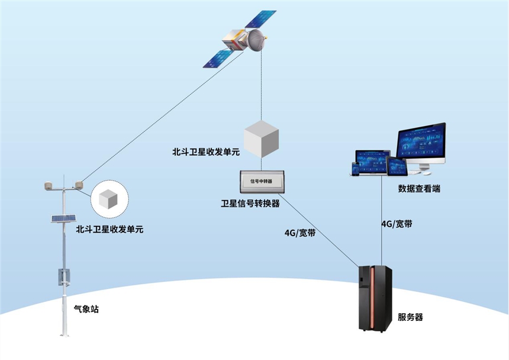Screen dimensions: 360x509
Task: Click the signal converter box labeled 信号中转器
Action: pos(262,181)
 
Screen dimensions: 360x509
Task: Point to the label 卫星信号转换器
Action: pos(250,204)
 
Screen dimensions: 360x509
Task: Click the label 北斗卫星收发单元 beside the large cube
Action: pos(205,152)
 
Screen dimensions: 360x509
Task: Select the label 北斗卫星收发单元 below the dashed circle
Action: pos(109,228)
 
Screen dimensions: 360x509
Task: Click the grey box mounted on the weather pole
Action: pos(64,276)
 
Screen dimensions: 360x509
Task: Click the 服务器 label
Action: pos(410,317)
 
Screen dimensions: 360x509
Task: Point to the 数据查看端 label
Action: pos(419,189)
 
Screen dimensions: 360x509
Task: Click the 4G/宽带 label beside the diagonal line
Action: pos(299,233)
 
